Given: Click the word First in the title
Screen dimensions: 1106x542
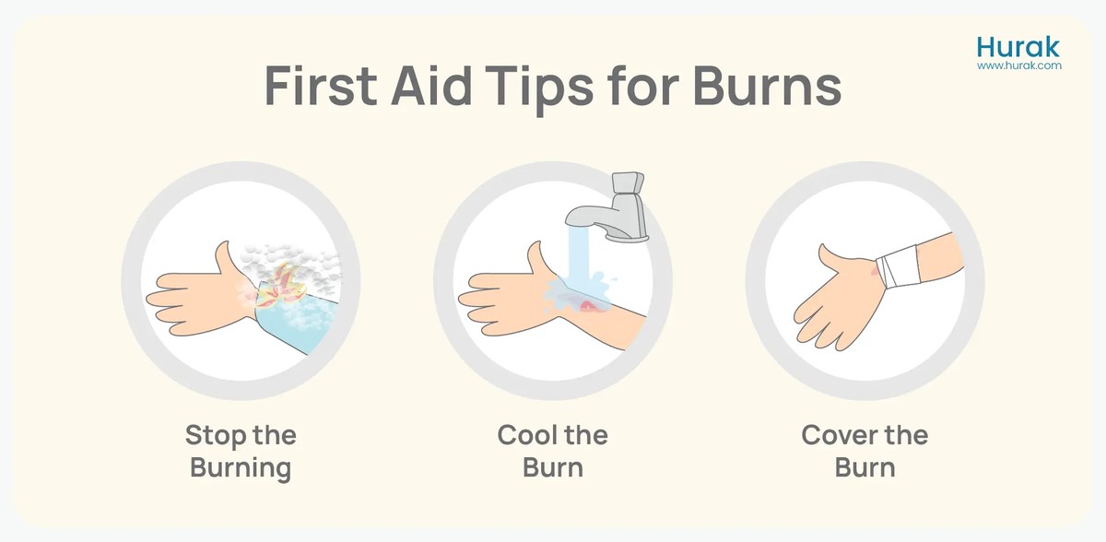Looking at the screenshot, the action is coord(321,86).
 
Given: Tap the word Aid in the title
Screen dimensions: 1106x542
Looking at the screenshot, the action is coord(431,85).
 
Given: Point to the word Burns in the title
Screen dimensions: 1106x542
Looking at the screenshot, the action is coord(767,86).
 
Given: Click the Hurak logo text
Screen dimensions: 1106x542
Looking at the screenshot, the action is coord(1018,48).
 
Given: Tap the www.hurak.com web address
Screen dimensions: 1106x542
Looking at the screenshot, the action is coord(1019,65).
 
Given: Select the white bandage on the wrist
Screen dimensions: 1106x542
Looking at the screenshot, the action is coord(899,266).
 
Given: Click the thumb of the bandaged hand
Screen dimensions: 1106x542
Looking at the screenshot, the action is coord(835,259).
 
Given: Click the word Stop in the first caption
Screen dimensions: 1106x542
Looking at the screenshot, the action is coord(216,436).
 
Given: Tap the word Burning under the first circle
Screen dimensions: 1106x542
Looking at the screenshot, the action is coord(241,468).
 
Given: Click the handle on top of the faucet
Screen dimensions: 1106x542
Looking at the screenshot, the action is coord(628,183).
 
